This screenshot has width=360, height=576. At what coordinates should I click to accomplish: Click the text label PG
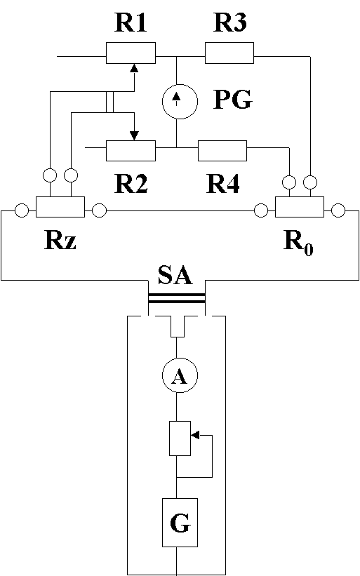point(233,99)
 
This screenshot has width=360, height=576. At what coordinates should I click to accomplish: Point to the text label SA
point(175,275)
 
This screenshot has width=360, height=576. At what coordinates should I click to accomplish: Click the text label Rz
point(60,241)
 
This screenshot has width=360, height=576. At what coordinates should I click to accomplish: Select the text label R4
point(223,184)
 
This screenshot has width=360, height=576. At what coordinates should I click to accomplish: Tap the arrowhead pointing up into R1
point(135,67)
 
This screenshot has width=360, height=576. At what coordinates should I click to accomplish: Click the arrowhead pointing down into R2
point(135,135)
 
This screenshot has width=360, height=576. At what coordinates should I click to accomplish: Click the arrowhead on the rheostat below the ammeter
point(195,435)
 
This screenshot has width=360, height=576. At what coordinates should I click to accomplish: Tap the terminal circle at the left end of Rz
point(22,211)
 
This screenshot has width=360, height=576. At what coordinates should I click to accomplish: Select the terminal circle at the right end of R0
point(338,211)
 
